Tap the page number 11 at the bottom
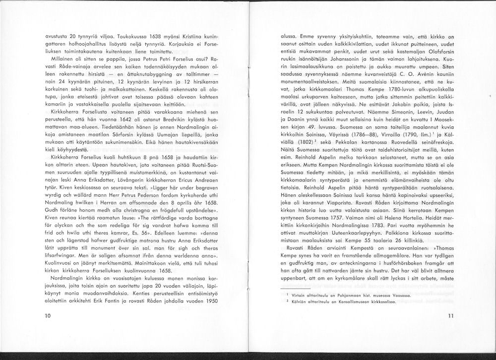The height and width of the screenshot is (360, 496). tap(450, 315)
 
